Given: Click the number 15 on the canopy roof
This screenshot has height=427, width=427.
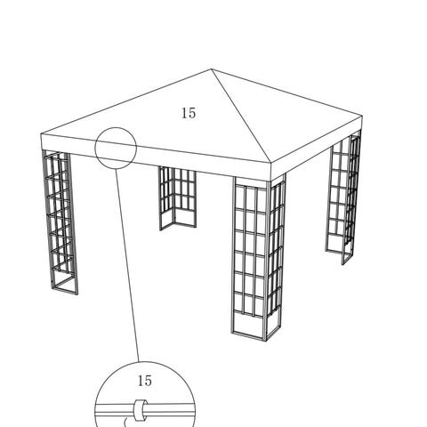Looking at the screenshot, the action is (189, 113).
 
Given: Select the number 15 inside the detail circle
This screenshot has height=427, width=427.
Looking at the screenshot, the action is (145, 381).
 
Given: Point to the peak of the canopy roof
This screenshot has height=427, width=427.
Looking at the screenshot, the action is (212, 69).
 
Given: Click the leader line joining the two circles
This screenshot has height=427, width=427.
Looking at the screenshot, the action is (127, 265).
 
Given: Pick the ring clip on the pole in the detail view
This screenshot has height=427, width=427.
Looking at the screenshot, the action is (140, 410).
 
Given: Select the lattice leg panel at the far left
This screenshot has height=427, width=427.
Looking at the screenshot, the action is (60, 222).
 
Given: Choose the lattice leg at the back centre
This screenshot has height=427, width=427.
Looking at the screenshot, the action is (177, 198).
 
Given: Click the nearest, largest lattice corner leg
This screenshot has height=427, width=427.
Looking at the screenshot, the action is (258, 257).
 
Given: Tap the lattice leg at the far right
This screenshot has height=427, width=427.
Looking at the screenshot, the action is (344, 199).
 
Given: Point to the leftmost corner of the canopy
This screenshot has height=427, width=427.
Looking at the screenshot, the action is (41, 135).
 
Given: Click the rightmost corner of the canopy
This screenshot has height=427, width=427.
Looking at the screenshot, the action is (362, 117).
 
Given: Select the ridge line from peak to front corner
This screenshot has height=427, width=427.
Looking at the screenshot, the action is (241, 116).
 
